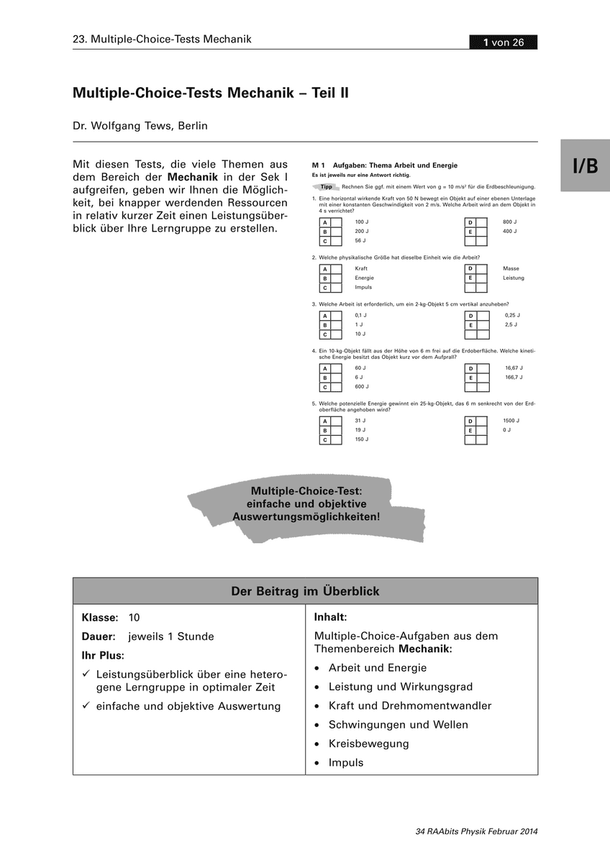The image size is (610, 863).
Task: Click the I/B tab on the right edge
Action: (585, 166)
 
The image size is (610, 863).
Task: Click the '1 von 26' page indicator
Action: (503, 42)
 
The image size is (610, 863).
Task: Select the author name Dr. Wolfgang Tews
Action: (140, 126)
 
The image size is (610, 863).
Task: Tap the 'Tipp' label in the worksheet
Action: (326, 186)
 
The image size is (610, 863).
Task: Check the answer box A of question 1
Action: (336, 223)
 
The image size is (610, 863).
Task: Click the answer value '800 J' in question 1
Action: (509, 222)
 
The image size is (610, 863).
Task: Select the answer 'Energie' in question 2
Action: (364, 278)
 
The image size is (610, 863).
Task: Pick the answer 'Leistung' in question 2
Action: (513, 278)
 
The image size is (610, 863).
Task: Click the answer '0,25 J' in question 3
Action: (511, 315)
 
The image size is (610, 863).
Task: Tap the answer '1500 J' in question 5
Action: (511, 420)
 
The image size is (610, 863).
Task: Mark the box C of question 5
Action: (336, 439)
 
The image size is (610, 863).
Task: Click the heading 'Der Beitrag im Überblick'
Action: (305, 591)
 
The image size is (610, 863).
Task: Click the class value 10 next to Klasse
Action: (134, 618)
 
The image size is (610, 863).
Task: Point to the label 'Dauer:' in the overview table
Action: (99, 636)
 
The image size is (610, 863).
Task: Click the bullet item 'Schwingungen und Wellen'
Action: (398, 725)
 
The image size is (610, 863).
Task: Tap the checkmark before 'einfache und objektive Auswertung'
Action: (86, 706)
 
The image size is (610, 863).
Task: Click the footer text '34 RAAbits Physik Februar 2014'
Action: (476, 832)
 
